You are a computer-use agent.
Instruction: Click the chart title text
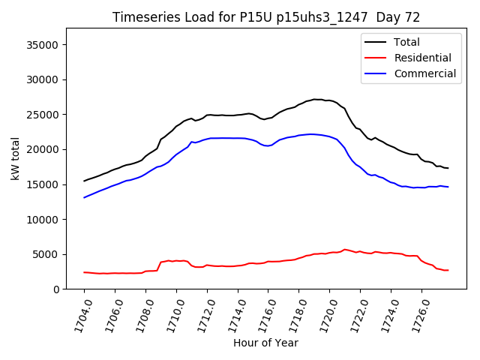(x=266, y=17)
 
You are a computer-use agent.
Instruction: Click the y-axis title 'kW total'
(x=15, y=158)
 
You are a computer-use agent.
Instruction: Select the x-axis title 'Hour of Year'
(x=265, y=343)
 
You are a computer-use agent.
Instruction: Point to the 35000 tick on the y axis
(x=43, y=45)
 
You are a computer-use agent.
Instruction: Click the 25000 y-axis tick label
(x=43, y=115)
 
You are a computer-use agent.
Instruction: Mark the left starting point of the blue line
(x=84, y=197)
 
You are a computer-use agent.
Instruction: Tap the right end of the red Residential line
(x=448, y=270)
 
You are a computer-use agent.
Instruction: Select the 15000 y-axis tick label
(x=43, y=184)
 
